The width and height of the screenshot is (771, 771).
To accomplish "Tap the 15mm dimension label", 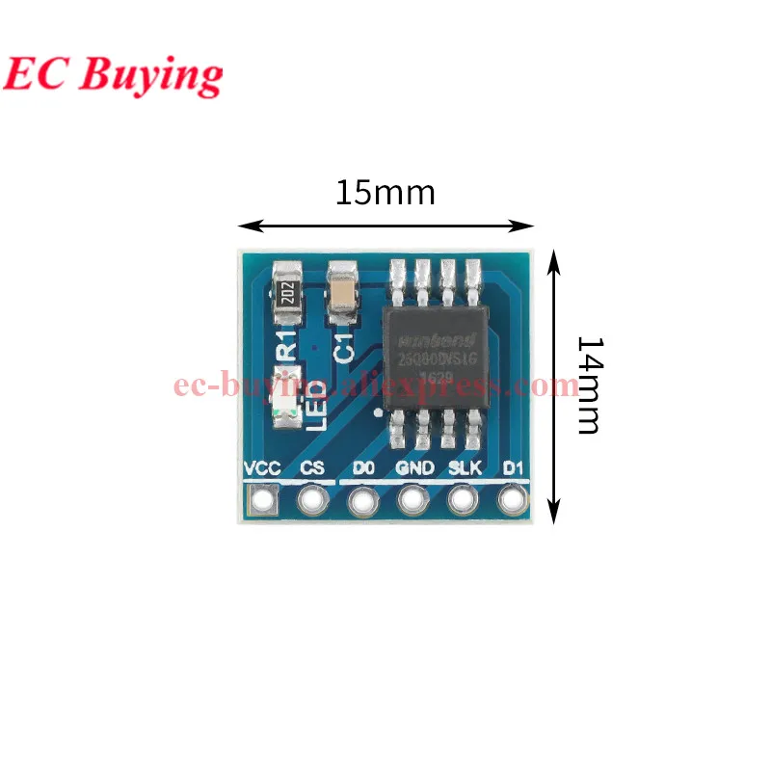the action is click(x=385, y=193).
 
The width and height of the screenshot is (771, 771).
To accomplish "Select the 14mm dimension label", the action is click(x=588, y=385).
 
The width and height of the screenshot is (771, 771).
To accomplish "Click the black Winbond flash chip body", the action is click(x=435, y=356).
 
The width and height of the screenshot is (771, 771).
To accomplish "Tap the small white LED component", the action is click(x=286, y=397).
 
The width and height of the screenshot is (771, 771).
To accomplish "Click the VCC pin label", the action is click(x=262, y=468).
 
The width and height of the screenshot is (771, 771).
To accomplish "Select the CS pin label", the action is click(x=312, y=468).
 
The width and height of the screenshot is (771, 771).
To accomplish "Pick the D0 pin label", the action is click(x=362, y=468).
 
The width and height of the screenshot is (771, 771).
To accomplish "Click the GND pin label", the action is click(x=412, y=468).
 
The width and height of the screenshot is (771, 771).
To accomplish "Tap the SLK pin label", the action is click(x=463, y=468).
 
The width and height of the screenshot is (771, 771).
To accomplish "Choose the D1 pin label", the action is click(x=512, y=468).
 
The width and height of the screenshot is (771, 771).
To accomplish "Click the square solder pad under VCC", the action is click(x=262, y=500).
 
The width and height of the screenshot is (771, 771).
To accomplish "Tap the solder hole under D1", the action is click(x=512, y=500).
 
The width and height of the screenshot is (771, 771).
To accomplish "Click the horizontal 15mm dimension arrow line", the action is click(x=385, y=226).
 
